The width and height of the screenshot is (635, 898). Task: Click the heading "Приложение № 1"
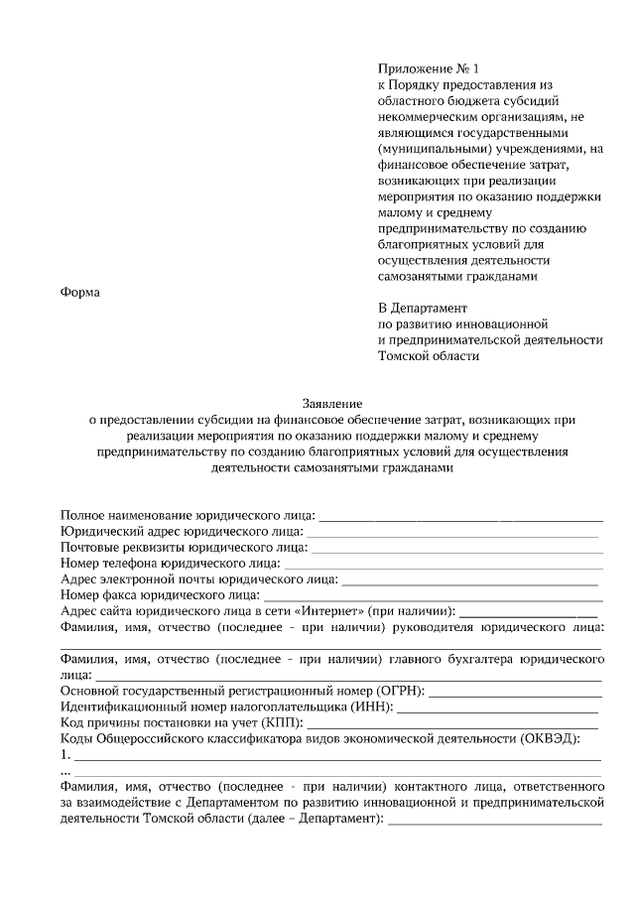point(428,69)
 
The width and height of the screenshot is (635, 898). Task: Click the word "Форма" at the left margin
point(81,292)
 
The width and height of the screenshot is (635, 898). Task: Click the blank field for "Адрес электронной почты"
point(471,582)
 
